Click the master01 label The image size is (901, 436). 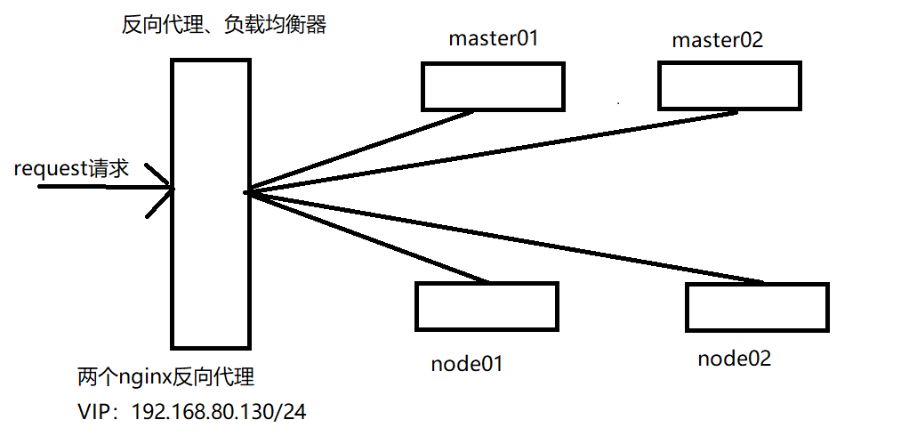tap(494, 39)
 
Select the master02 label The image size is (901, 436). tap(717, 40)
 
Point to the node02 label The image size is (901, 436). tap(734, 359)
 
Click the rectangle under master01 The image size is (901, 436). tap(493, 87)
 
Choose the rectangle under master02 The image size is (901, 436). tap(729, 85)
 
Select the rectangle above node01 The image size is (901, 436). tap(487, 306)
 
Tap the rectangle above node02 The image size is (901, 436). tap(757, 307)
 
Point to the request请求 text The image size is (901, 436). tap(71, 169)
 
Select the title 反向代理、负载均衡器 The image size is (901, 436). tap(224, 25)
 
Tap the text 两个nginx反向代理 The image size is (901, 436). tap(166, 378)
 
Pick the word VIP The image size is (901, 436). tap(95, 412)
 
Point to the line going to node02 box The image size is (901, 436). tap(507, 237)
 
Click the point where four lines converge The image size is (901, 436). tap(247, 190)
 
